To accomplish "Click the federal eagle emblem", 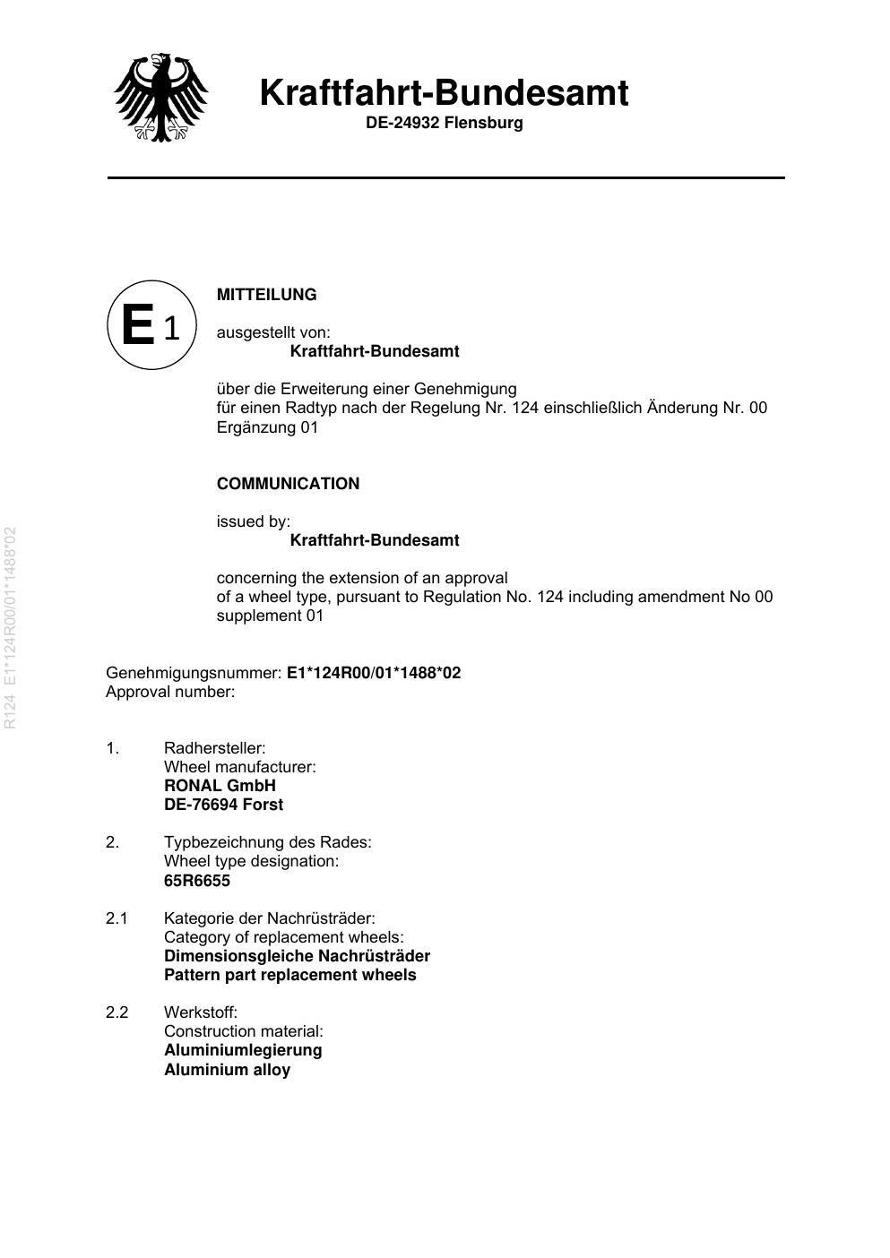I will [x=161, y=97].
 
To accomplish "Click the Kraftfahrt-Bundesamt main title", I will [x=444, y=93].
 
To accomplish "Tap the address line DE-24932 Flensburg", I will [x=444, y=123].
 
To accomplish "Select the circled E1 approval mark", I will [x=151, y=324].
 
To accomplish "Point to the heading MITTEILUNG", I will [x=266, y=295].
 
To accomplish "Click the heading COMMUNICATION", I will [x=288, y=484].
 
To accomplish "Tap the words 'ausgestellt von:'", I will [x=273, y=332].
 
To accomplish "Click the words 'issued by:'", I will [x=254, y=521].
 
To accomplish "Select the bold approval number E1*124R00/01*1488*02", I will [x=374, y=673].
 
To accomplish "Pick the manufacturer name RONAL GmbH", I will [x=220, y=786].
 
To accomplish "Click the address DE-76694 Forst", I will [x=223, y=805].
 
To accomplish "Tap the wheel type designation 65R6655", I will [x=197, y=881].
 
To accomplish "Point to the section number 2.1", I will [x=117, y=918].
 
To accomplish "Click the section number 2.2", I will [x=117, y=1012].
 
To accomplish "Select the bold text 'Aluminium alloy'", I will [x=227, y=1070].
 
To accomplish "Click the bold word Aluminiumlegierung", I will [x=243, y=1050].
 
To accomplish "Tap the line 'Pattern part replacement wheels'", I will [x=289, y=975].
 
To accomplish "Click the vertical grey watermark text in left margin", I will [x=11, y=627].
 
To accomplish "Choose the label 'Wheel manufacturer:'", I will [x=239, y=767].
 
